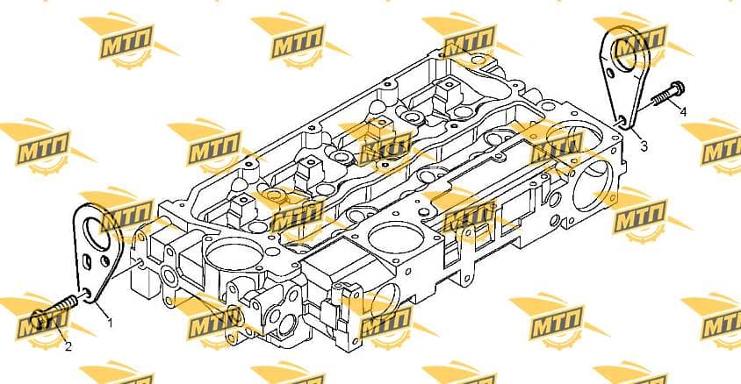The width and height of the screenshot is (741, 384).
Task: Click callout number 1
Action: (110, 323)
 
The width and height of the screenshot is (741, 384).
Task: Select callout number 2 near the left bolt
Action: (68, 346)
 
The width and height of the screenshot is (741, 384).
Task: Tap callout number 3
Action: (644, 146)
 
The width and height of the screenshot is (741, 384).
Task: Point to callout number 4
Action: (683, 112)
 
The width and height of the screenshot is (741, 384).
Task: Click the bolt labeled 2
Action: (54, 310)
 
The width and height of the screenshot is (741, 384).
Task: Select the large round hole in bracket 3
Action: (627, 55)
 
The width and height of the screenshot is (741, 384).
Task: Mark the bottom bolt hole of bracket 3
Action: (622, 120)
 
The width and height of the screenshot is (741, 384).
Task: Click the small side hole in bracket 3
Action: (610, 74)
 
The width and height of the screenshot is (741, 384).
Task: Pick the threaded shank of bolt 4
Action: (660, 100)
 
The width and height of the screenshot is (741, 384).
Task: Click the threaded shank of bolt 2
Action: (63, 306)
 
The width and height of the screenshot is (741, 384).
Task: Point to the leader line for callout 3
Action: (637, 135)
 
